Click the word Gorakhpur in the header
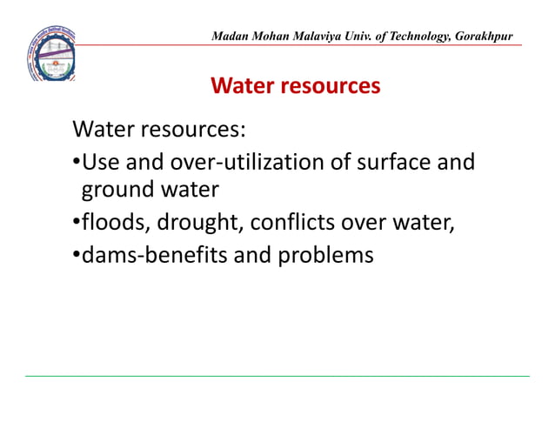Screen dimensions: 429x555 tap(482, 36)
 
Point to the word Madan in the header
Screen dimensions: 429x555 tap(231, 36)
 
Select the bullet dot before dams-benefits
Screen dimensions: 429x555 tap(77, 257)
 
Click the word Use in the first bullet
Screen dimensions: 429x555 tap(99, 162)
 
